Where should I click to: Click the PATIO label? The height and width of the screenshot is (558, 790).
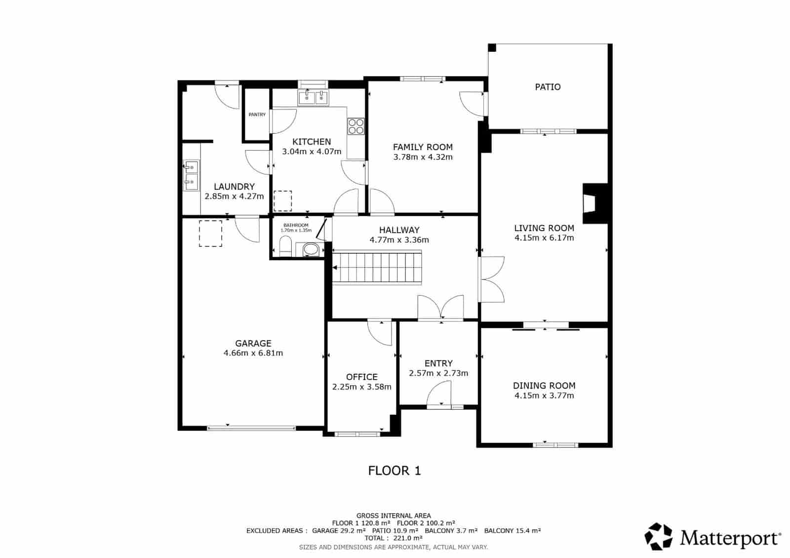point(548,87)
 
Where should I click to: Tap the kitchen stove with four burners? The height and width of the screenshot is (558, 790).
point(355,126)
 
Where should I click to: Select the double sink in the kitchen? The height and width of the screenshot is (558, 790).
point(314,97)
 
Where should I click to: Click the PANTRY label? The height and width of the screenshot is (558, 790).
point(257,115)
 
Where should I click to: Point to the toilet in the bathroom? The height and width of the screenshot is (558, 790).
point(285,247)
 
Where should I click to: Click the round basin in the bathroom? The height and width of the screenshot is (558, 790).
point(311,249)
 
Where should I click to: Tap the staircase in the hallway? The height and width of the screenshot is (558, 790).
point(378,267)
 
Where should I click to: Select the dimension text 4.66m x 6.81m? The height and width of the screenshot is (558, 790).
point(253,353)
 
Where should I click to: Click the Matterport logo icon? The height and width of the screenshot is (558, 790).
point(659,536)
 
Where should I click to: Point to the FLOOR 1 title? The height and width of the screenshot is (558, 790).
point(395,471)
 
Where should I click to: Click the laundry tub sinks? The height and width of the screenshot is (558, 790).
point(191,175)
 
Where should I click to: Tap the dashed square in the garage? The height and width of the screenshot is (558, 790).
point(210,234)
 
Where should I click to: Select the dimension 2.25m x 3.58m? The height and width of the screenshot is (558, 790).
point(362,387)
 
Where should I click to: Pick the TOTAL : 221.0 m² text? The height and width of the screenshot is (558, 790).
point(394,538)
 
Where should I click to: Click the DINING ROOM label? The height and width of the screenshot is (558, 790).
point(544,386)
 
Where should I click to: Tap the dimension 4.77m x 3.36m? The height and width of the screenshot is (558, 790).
point(399,240)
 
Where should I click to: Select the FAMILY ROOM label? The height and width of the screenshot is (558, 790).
point(423,147)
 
